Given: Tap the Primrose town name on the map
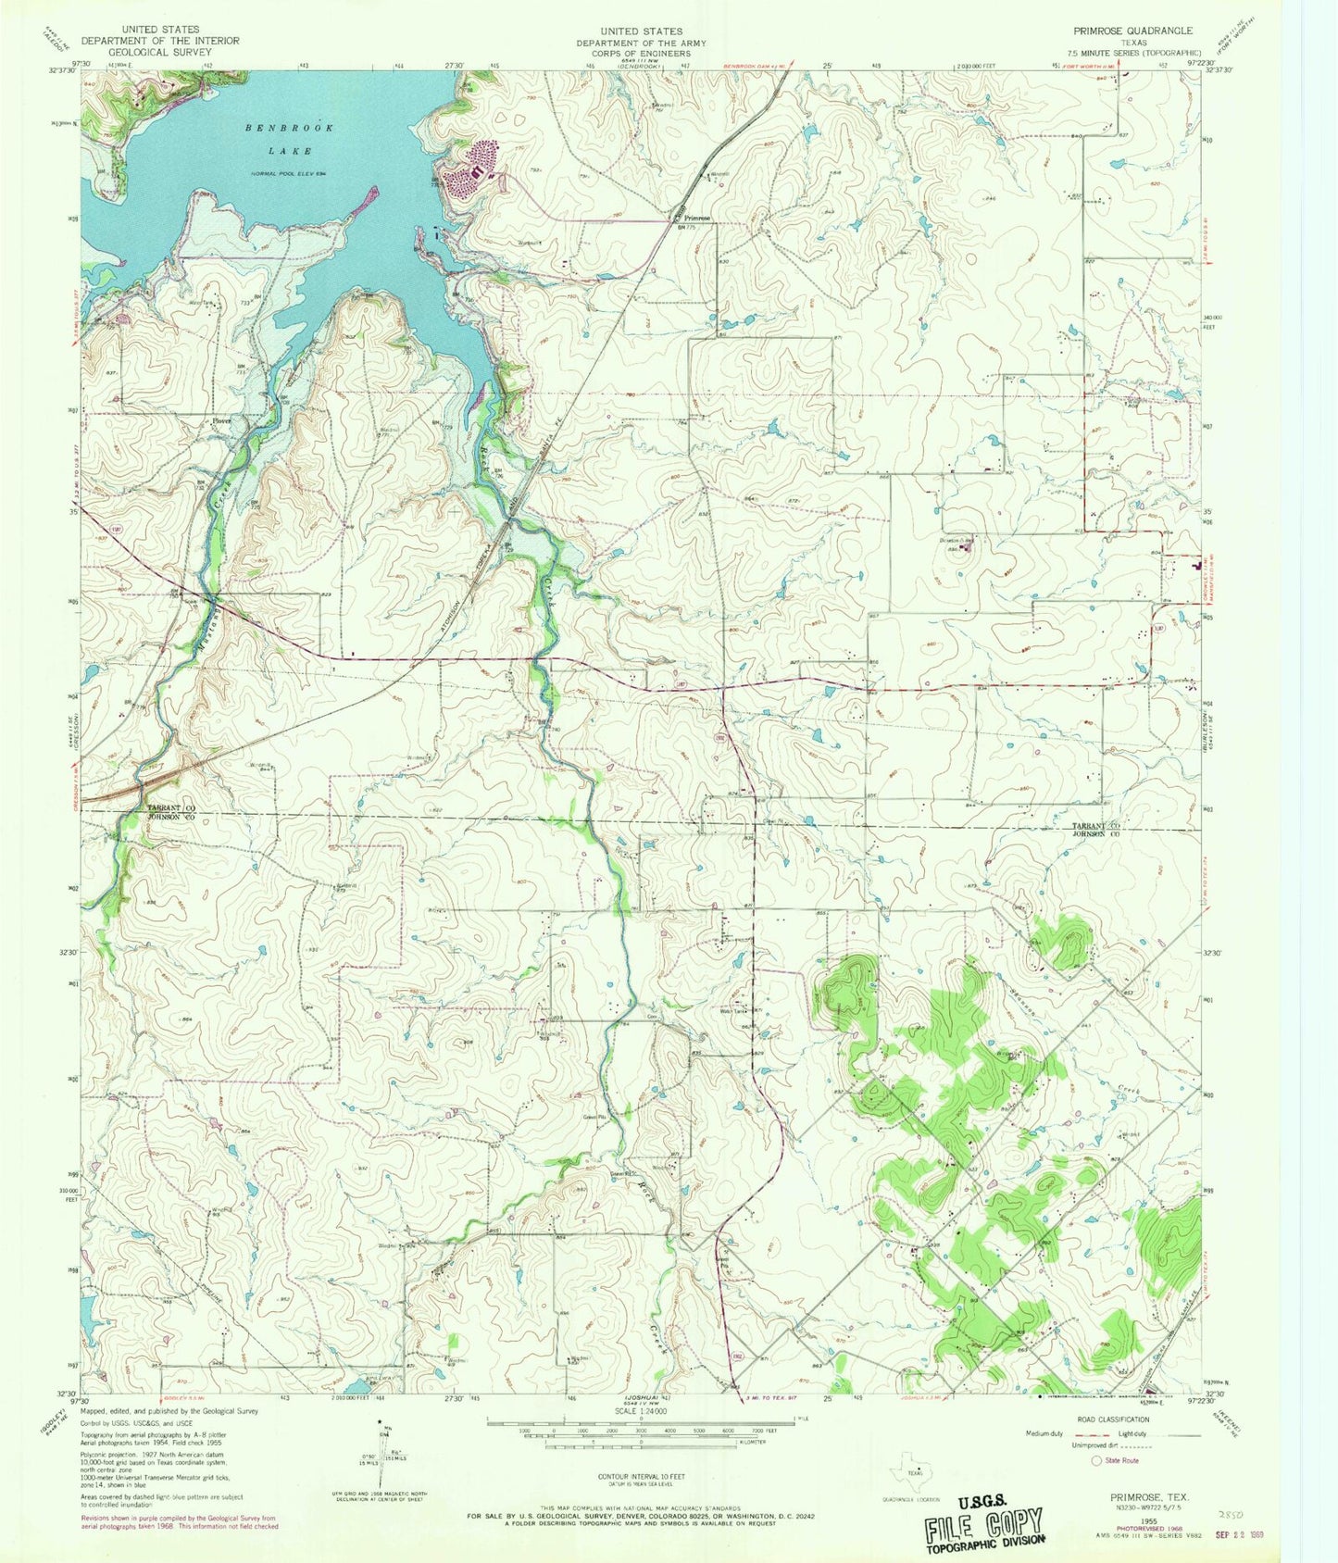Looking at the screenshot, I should click(697, 219).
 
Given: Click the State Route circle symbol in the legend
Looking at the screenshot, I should click(1096, 1460).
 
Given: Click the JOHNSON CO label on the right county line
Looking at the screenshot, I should click(1096, 833).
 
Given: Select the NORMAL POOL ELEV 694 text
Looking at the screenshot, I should click(289, 174).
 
